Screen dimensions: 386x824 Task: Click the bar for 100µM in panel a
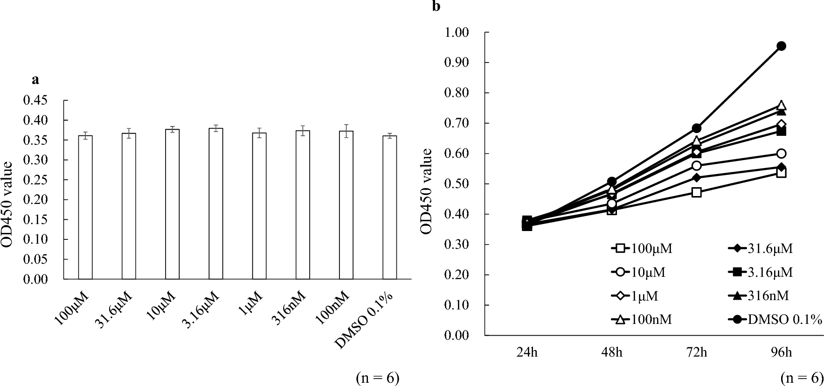point(85,207)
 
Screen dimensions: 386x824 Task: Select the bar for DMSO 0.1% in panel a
point(390,207)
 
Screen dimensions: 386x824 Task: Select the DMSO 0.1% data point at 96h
point(781,46)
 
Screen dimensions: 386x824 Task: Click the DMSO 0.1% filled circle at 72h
point(697,128)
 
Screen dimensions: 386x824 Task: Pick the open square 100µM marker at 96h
point(782,173)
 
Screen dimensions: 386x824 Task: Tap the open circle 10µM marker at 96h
point(782,154)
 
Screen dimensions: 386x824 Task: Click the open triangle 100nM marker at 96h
point(782,105)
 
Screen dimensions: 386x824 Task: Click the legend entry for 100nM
point(643,320)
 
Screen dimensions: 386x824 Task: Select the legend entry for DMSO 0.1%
point(774,320)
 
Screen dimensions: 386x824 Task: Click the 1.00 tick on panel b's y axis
point(458,33)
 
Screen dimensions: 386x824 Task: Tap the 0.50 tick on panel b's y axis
point(458,184)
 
